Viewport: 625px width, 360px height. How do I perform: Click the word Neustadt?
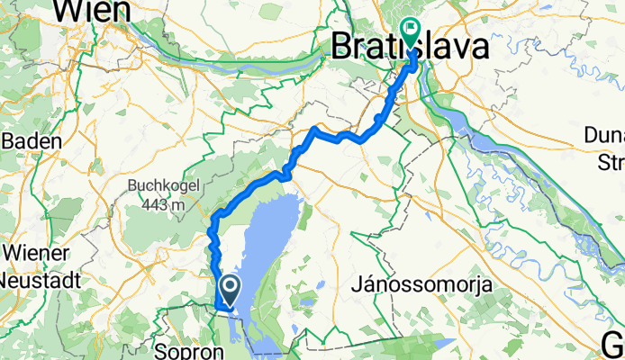41,279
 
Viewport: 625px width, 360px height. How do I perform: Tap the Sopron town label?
183,348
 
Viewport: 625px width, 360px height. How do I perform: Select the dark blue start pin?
230,290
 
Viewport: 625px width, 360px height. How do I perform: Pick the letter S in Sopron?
159,348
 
